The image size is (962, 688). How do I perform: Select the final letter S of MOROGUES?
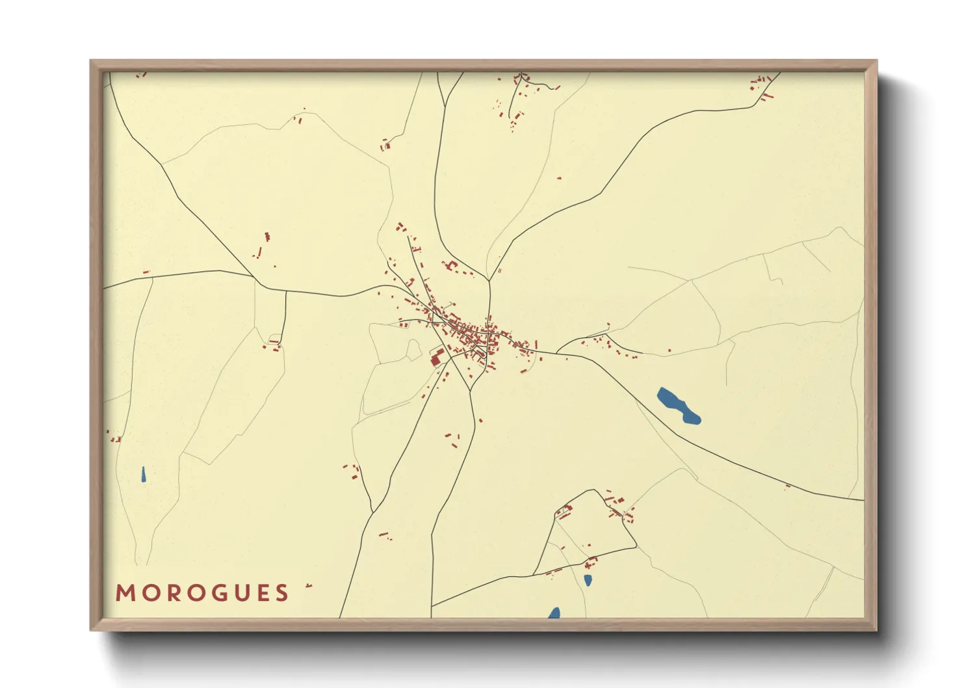282,593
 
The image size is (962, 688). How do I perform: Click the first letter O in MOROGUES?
150,593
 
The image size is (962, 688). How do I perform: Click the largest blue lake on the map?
679,406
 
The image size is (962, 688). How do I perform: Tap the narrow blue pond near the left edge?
143,475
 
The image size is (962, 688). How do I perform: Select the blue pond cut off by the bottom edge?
554,613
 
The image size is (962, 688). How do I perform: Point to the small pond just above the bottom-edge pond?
588,580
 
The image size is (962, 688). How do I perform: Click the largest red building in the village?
436,359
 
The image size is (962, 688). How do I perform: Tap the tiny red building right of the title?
309,586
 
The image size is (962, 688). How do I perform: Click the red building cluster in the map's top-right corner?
762,86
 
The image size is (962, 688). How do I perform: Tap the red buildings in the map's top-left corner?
140,75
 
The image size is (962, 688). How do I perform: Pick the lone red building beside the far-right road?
788,486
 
